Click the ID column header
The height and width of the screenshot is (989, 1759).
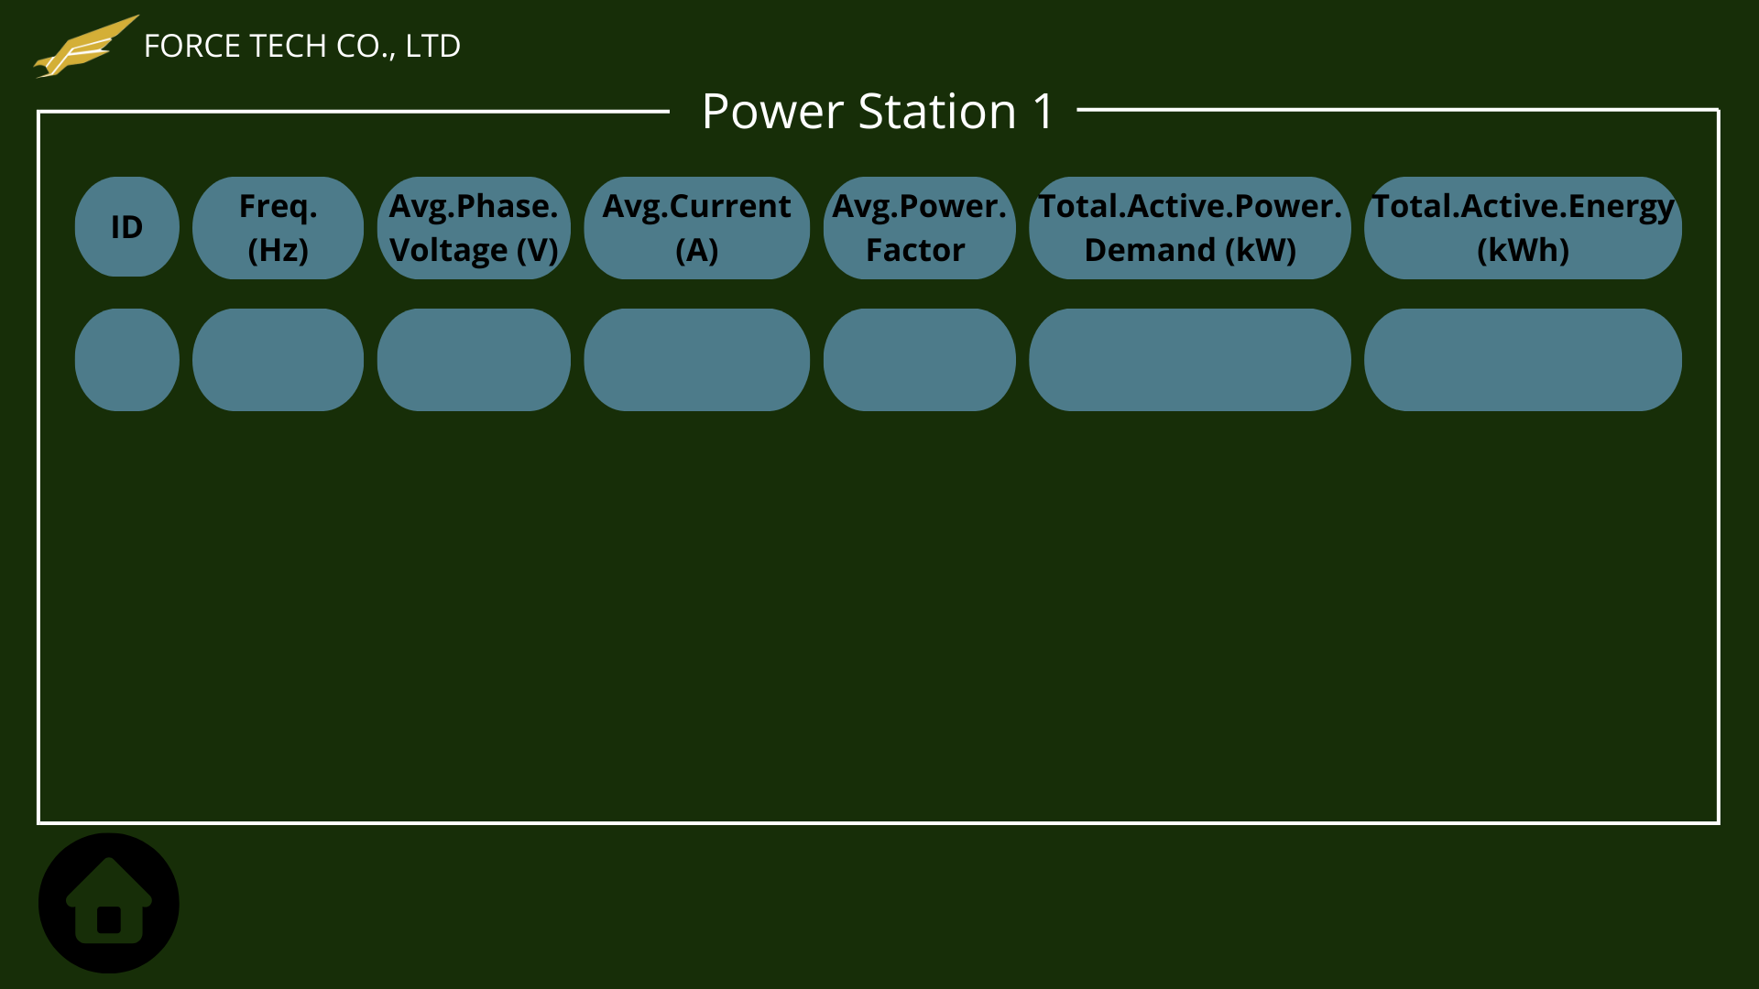point(127,227)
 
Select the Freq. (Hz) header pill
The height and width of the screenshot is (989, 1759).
point(278,228)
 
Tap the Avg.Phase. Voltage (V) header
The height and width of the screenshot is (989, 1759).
point(474,228)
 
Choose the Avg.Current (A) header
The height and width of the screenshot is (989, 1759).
point(696,228)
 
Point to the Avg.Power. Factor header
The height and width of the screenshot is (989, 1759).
point(919,228)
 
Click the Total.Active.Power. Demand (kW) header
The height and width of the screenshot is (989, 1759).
point(1189,228)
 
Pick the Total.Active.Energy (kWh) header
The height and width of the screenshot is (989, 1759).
point(1523,228)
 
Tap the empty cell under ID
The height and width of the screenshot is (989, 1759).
point(127,360)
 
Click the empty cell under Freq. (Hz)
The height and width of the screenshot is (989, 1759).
point(278,360)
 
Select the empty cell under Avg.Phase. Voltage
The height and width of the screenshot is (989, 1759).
point(474,360)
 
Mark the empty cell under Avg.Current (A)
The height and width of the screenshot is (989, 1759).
point(696,360)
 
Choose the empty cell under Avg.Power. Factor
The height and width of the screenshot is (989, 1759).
point(919,360)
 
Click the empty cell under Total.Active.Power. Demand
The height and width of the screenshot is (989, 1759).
point(1189,360)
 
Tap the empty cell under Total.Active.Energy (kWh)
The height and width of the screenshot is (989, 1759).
point(1523,360)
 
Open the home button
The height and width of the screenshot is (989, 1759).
point(109,903)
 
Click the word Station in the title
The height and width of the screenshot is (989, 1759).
point(937,112)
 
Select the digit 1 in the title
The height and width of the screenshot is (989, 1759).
point(1043,112)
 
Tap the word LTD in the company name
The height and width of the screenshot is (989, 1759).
point(432,46)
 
